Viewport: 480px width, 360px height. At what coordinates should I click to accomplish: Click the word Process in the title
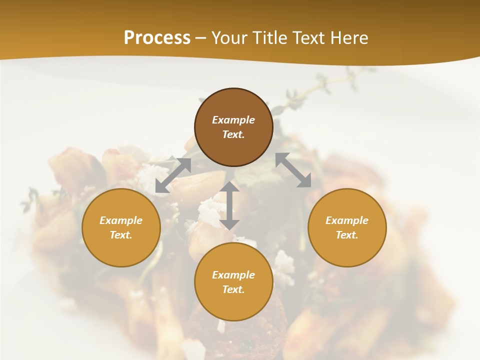[x=157, y=38]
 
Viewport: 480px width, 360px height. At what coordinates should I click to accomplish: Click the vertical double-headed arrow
[x=229, y=205]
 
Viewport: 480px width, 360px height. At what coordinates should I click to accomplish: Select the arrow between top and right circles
[x=293, y=170]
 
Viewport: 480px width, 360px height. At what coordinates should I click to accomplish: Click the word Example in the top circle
[x=233, y=120]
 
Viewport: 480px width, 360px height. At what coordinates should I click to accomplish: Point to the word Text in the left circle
[x=121, y=235]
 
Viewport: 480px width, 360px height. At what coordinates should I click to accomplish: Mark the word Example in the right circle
[x=347, y=220]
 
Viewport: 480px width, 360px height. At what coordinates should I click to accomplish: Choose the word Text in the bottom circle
[x=233, y=289]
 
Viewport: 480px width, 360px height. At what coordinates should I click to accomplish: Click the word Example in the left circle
[x=121, y=220]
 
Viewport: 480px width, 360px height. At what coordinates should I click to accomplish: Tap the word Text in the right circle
[x=347, y=235]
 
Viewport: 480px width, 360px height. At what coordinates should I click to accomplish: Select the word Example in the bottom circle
[x=233, y=275]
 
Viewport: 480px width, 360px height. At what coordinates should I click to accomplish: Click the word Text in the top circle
[x=233, y=134]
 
